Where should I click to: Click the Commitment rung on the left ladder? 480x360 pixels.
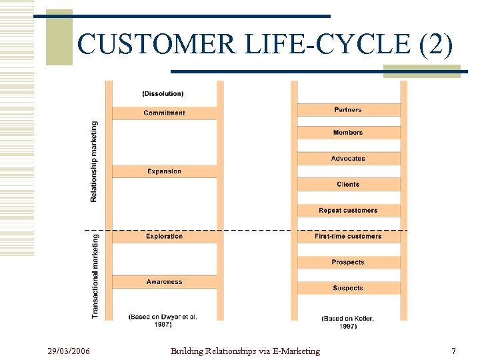[x=164, y=113]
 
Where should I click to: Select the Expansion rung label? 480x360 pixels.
[x=164, y=171]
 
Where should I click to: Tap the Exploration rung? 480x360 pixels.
[x=164, y=236]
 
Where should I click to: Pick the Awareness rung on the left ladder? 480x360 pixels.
[x=164, y=282]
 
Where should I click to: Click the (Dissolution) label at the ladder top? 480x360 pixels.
[x=163, y=93]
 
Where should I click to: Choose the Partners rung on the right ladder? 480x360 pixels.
[x=348, y=109]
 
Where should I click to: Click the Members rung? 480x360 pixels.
[x=348, y=133]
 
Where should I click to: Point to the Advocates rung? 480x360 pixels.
[x=348, y=159]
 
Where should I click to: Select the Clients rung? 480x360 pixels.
[x=348, y=184]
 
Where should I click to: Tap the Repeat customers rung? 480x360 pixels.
[x=348, y=210]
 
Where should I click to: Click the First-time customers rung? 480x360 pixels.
[x=348, y=236]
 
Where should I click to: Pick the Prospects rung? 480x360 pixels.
[x=348, y=262]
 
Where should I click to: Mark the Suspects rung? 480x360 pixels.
[x=348, y=288]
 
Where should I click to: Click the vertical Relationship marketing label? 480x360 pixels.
[x=94, y=161]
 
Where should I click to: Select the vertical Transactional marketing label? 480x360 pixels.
[x=95, y=275]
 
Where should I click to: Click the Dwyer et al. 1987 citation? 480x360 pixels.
[x=163, y=321]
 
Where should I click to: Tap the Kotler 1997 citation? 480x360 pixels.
[x=348, y=322]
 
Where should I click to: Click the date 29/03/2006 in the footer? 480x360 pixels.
[x=69, y=351]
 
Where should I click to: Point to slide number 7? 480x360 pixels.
[x=453, y=351]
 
